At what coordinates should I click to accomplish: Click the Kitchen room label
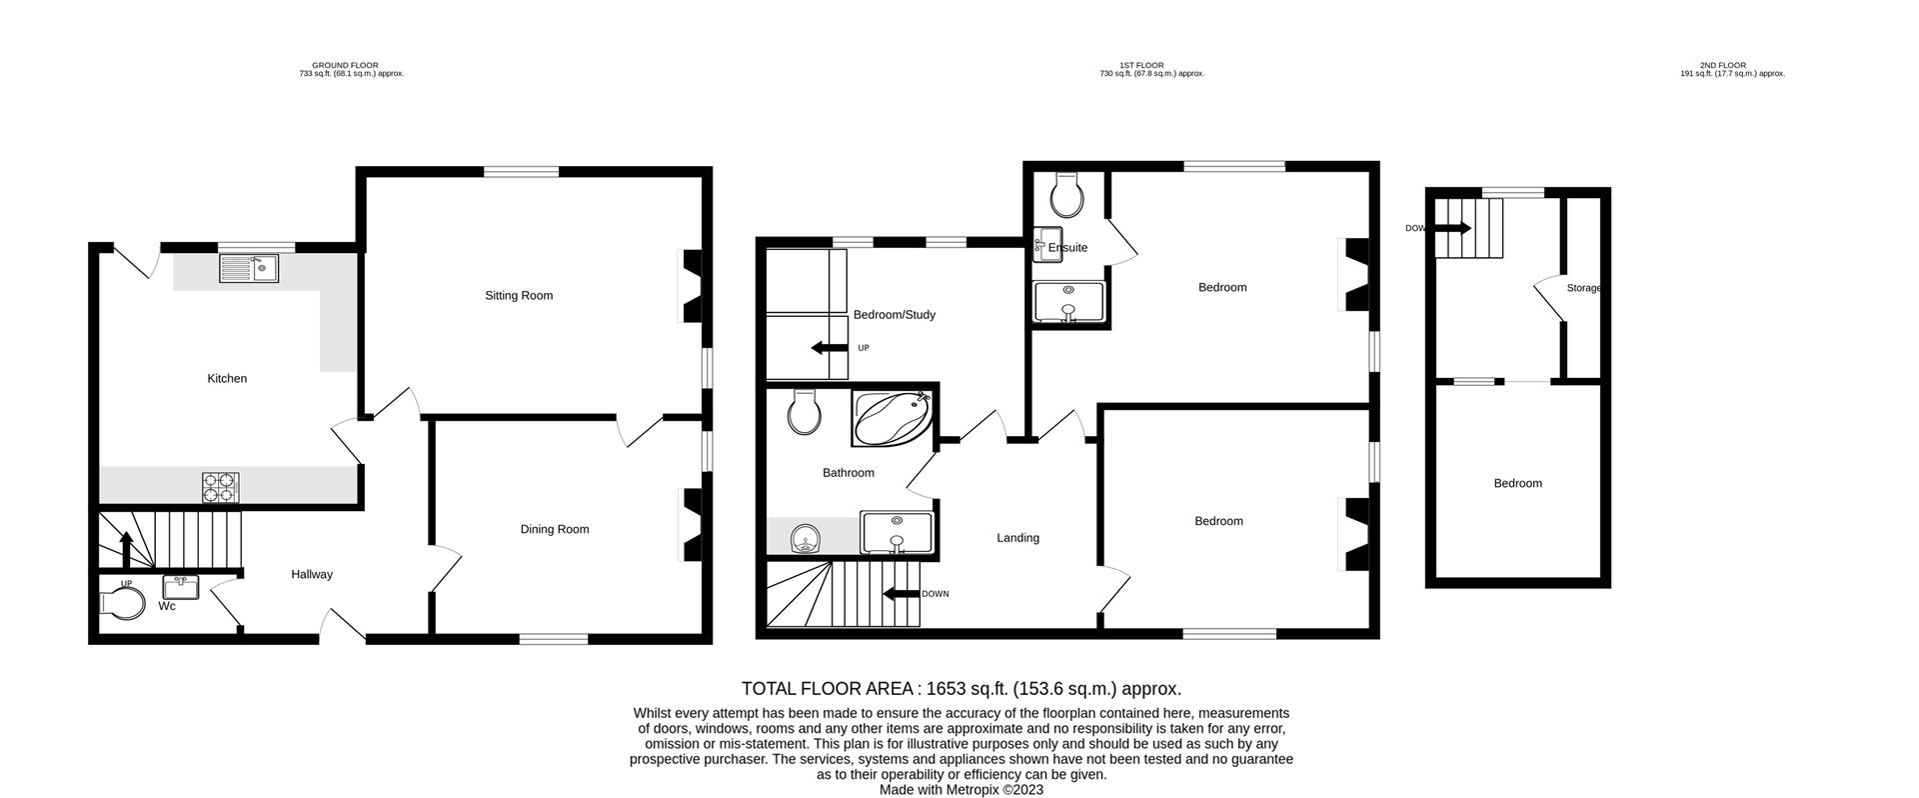coord(227,378)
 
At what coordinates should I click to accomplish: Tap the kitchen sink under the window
coord(250,268)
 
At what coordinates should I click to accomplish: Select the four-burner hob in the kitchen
coord(221,487)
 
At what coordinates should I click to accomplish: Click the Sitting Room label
coord(519,295)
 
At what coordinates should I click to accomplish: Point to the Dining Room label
coord(554,529)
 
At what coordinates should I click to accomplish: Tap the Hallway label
coord(312,574)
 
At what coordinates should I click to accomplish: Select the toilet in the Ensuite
coord(1067,196)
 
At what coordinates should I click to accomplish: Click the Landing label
coord(1017,538)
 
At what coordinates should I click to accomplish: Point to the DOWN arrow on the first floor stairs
coord(903,594)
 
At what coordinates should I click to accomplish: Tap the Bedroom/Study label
coord(894,315)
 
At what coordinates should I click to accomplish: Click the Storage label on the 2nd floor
coord(1583,288)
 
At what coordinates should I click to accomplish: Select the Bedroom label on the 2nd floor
coord(1517,483)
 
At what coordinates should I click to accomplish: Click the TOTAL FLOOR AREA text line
coord(960,688)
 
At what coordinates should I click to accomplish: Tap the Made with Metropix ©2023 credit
coord(960,789)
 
